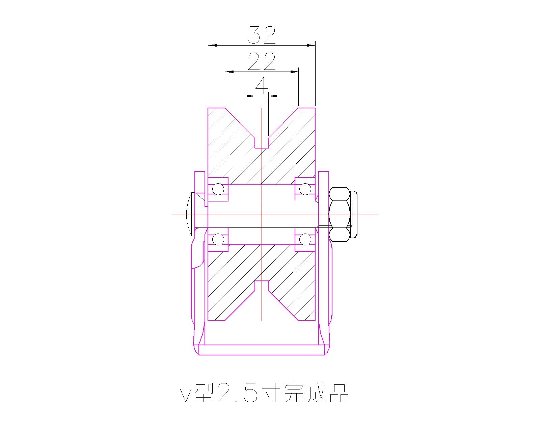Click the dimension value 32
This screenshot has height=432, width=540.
(262, 35)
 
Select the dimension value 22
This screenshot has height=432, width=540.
(262, 61)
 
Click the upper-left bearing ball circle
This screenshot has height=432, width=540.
(218, 189)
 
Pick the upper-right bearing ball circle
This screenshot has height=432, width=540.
(305, 189)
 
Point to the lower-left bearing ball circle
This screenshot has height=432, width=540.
(218, 240)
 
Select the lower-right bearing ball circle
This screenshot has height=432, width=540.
(305, 240)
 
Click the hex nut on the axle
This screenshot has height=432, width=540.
(339, 214)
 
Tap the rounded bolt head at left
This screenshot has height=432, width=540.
(190, 214)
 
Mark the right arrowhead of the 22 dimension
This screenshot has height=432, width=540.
(295, 72)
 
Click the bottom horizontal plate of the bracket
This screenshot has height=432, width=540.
(262, 350)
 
